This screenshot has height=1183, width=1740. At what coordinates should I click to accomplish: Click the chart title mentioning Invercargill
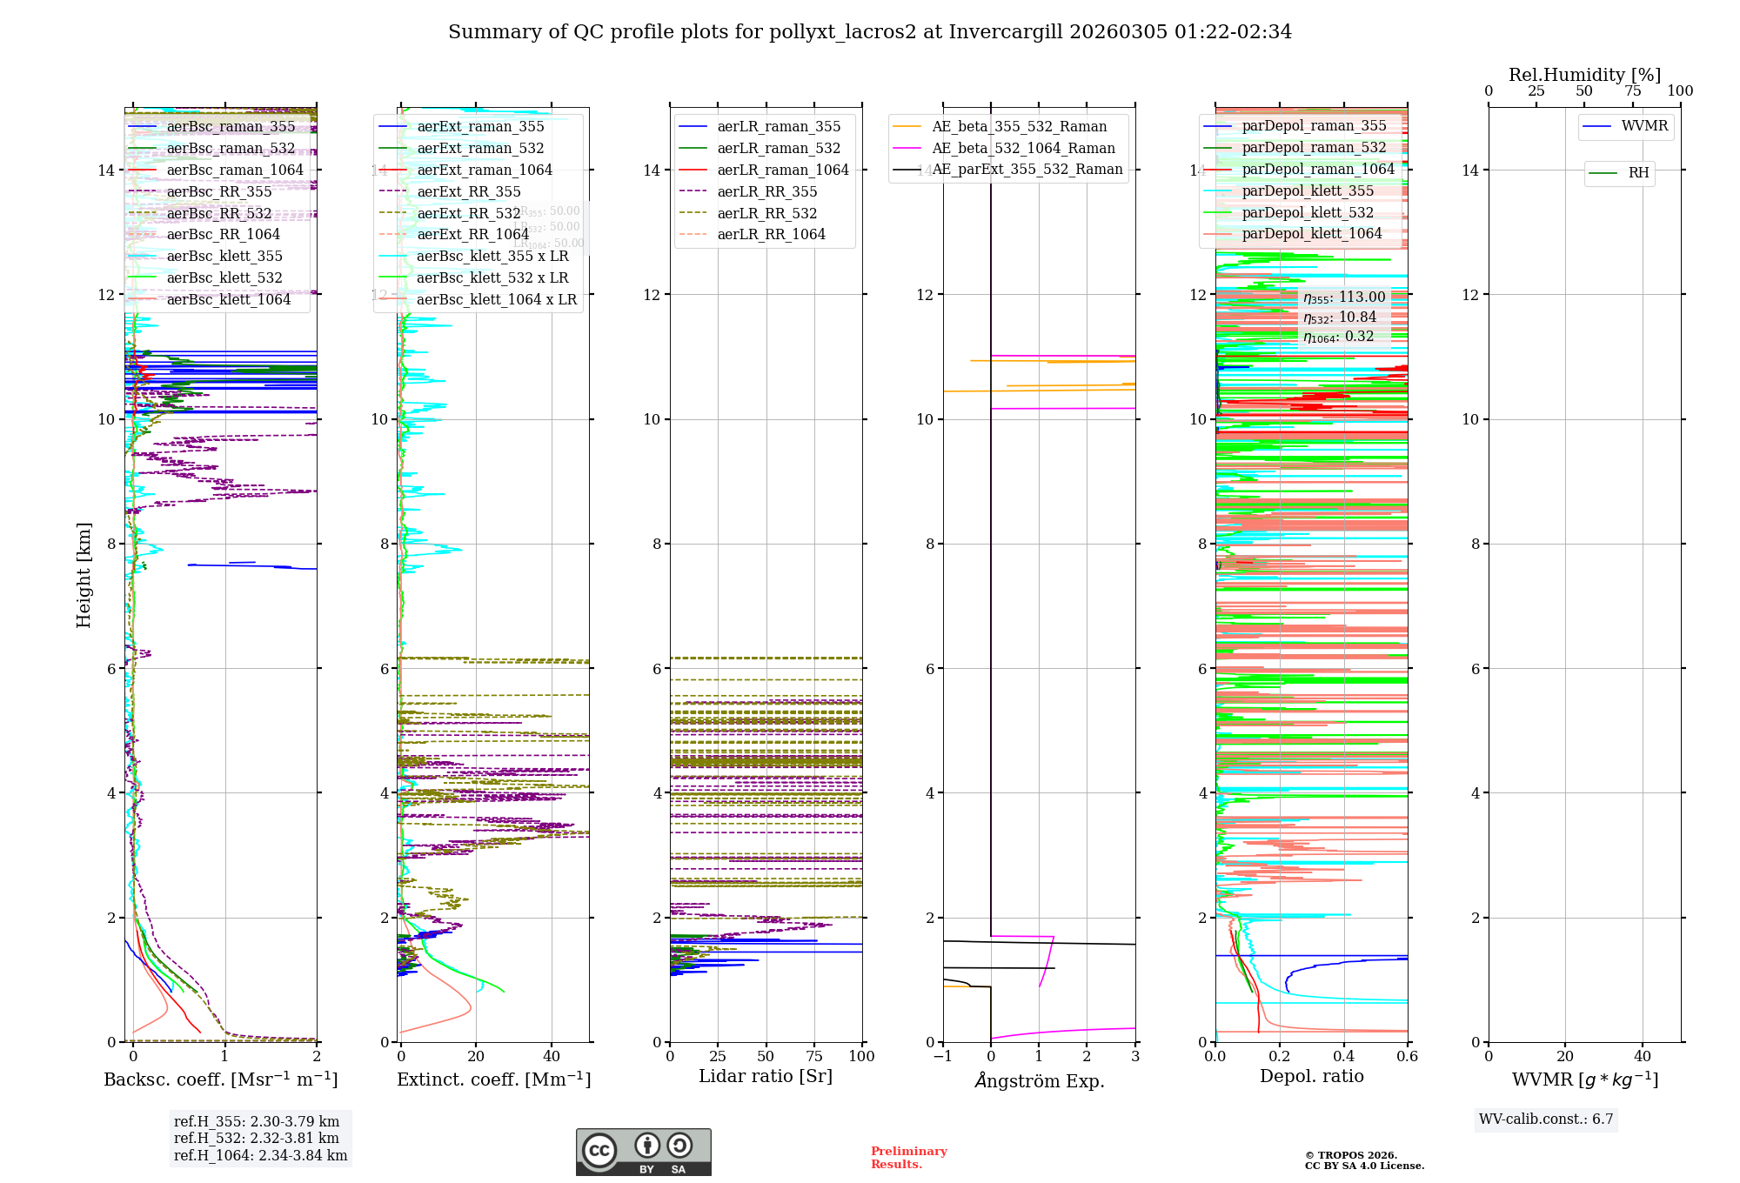pyautogui.click(x=870, y=32)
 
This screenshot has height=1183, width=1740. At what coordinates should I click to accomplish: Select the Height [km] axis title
pyautogui.click(x=84, y=574)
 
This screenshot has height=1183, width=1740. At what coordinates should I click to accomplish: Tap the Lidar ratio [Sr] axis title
pyautogui.click(x=766, y=1076)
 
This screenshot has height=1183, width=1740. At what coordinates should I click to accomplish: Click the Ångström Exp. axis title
pyautogui.click(x=1039, y=1081)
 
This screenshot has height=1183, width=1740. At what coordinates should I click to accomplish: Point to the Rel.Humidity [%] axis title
pyautogui.click(x=1584, y=75)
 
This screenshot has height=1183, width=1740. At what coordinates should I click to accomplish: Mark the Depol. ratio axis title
pyautogui.click(x=1311, y=1076)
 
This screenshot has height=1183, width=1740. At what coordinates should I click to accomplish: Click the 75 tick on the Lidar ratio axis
pyautogui.click(x=814, y=1056)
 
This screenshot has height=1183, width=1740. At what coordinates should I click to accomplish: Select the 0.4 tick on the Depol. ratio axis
pyautogui.click(x=1343, y=1056)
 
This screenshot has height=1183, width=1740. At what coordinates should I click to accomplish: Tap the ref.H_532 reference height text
pyautogui.click(x=257, y=1138)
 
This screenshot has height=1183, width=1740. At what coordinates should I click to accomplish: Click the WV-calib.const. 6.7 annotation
pyautogui.click(x=1546, y=1120)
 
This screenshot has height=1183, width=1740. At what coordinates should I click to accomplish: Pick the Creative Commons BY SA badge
pyautogui.click(x=643, y=1152)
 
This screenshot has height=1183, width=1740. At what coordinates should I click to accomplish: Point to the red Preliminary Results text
pyautogui.click(x=908, y=1158)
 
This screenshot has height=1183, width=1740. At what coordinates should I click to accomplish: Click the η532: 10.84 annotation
pyautogui.click(x=1340, y=317)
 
